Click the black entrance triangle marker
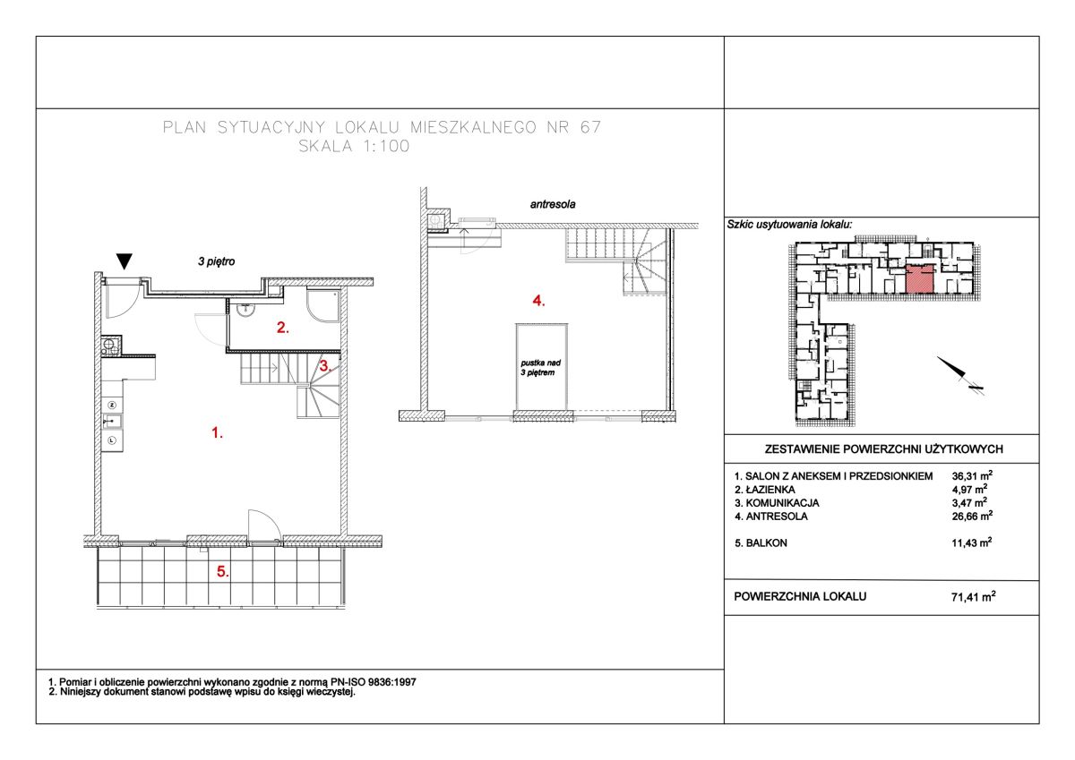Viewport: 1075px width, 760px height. tap(125, 261)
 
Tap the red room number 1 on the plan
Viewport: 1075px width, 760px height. tap(218, 433)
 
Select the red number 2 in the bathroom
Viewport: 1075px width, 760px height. tap(283, 328)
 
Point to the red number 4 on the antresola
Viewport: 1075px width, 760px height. tap(538, 301)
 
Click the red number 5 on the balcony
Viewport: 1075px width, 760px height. tap(223, 571)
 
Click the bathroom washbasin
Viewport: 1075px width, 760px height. tap(245, 309)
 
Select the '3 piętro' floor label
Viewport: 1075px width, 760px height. tap(217, 261)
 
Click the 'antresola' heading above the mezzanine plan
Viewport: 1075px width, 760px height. tap(553, 204)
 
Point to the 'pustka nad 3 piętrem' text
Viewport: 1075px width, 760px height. tap(540, 368)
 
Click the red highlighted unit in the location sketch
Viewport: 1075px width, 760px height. tap(920, 280)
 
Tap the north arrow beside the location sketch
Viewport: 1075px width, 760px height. tap(951, 366)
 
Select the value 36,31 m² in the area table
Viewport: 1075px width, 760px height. tap(972, 475)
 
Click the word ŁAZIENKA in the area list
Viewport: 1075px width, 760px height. tap(770, 490)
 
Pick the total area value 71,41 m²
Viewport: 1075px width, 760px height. tap(973, 596)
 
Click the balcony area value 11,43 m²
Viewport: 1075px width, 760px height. tap(972, 542)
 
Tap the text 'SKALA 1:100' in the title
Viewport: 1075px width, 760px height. tap(354, 146)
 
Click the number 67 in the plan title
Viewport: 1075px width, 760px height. tap(590, 127)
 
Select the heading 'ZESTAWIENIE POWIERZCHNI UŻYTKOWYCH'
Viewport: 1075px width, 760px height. tap(883, 449)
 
